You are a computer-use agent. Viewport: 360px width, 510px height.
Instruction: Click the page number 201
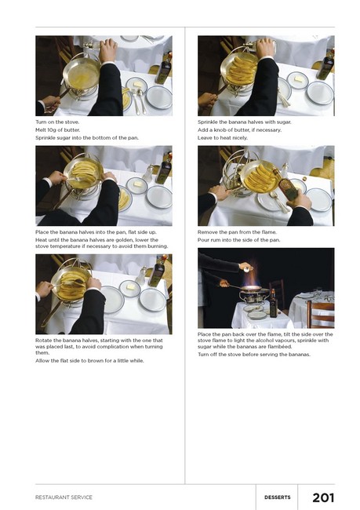click(x=323, y=497)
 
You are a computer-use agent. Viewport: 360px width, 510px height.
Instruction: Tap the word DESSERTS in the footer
click(x=278, y=497)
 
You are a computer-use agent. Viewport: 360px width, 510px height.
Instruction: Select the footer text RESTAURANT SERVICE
click(x=64, y=497)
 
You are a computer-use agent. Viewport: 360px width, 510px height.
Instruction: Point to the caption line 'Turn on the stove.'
click(x=57, y=122)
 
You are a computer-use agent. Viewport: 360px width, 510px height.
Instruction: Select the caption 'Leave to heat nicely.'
click(x=223, y=137)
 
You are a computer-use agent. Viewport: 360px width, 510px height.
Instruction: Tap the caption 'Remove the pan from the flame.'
click(x=237, y=232)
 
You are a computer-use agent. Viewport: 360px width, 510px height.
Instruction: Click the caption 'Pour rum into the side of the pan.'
click(x=238, y=240)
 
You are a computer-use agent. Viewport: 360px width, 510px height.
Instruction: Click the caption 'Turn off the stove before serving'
click(x=254, y=354)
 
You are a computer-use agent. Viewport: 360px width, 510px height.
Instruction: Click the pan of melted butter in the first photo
click(x=82, y=75)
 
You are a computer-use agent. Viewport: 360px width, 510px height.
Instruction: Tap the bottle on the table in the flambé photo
click(x=273, y=304)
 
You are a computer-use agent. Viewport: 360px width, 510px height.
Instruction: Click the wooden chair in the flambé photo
click(x=320, y=314)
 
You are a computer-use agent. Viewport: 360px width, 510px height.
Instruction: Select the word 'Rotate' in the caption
click(x=43, y=341)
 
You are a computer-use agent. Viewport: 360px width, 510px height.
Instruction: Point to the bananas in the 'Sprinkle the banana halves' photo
click(x=241, y=70)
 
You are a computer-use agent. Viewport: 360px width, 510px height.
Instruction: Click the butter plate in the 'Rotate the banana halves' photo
click(x=129, y=288)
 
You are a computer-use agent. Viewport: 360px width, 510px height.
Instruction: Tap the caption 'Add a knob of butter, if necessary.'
click(x=240, y=129)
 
